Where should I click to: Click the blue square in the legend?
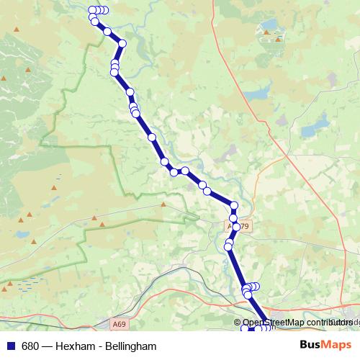point(10,346)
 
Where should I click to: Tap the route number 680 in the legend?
point(30,346)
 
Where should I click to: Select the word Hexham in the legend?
point(81,346)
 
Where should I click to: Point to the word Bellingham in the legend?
point(130,346)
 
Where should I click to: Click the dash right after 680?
point(47,346)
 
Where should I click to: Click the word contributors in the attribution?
point(328,323)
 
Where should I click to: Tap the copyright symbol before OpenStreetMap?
point(238,323)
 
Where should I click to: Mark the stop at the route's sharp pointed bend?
point(122,44)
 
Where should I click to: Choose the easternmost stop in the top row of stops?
point(106,10)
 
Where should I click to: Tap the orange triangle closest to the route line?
point(163,204)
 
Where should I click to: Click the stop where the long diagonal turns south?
point(234,205)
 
